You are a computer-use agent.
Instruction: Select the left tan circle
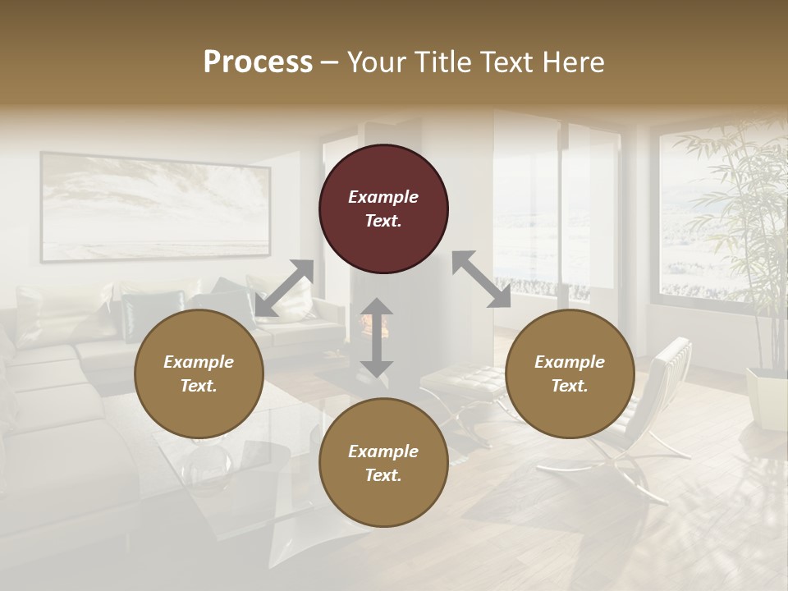click(199, 374)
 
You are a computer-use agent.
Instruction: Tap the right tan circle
click(570, 374)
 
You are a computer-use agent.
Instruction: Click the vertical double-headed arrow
click(377, 337)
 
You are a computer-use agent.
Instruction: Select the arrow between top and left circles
click(284, 288)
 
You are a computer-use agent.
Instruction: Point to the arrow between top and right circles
click(481, 279)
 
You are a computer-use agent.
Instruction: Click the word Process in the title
click(258, 62)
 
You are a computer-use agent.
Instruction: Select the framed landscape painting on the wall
click(155, 207)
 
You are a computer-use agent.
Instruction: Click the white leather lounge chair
click(648, 402)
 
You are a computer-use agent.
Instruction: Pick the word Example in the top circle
click(383, 197)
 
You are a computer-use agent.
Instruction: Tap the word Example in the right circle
click(570, 362)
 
